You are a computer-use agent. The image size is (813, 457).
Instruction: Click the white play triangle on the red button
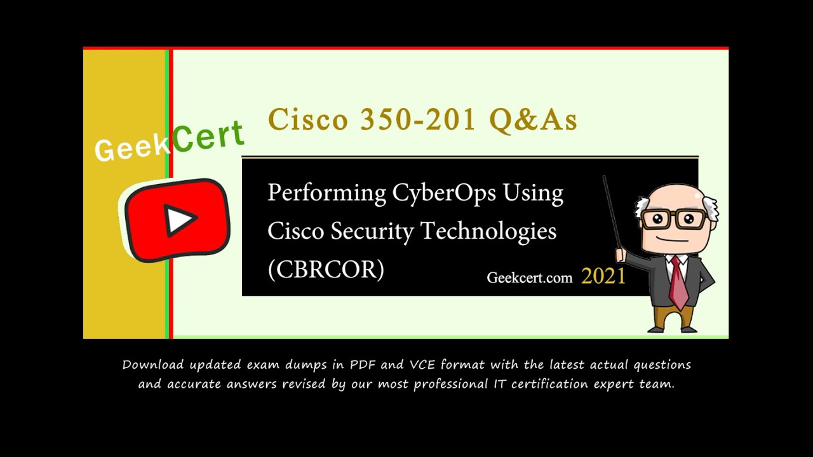tap(180, 220)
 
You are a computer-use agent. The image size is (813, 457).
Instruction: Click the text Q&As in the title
tap(532, 120)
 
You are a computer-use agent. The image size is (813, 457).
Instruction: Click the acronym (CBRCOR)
tap(326, 270)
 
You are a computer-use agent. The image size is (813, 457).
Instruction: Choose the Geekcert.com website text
tap(529, 277)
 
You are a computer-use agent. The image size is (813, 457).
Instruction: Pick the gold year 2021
tap(603, 276)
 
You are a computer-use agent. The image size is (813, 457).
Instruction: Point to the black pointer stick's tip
tap(604, 178)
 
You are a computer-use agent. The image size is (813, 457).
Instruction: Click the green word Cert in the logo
tap(208, 136)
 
